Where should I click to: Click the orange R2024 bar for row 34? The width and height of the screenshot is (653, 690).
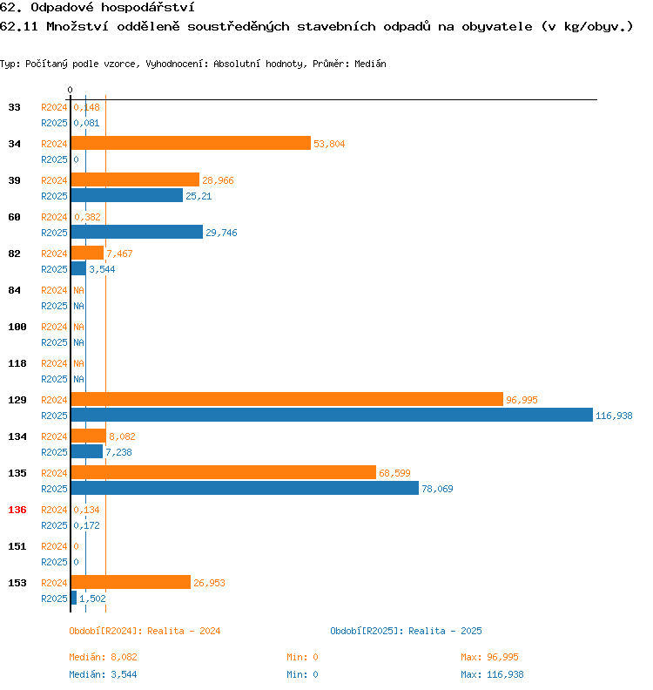[x=190, y=144]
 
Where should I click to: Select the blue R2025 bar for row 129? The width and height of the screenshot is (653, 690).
[x=331, y=416]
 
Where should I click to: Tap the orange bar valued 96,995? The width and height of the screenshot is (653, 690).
[x=286, y=400]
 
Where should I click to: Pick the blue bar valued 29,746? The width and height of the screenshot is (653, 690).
[x=137, y=233]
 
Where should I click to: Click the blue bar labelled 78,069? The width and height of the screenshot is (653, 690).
[x=244, y=489]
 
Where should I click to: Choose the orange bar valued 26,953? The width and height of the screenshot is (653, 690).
[x=131, y=583]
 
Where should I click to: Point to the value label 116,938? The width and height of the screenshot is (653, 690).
[x=614, y=416]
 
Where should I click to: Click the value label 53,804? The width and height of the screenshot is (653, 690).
[x=329, y=145]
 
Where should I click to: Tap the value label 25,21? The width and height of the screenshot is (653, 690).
[x=199, y=197]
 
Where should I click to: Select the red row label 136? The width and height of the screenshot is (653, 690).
[x=17, y=510]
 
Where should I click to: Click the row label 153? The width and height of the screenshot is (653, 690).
[x=17, y=583]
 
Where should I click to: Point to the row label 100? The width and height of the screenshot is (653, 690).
[x=17, y=327]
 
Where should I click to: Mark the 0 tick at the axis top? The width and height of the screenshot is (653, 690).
[x=70, y=90]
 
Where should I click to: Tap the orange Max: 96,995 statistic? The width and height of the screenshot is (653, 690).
[x=489, y=657]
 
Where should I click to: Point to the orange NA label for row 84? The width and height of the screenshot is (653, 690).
[x=78, y=291]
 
